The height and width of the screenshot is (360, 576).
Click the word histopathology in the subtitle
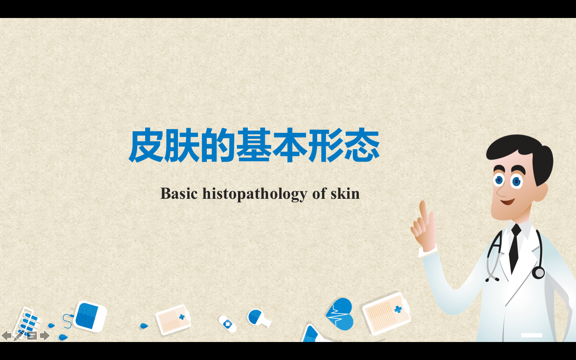click(255, 194)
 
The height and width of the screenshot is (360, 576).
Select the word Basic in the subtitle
click(179, 193)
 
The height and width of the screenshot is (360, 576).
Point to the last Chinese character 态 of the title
click(362, 145)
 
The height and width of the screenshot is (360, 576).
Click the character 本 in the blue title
click(290, 145)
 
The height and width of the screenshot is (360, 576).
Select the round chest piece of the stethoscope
click(538, 272)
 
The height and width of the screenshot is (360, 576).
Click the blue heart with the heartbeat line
click(340, 314)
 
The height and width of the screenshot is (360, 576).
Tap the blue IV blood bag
click(90, 316)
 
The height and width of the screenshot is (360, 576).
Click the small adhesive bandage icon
click(227, 324)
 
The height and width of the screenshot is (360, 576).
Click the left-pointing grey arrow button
click(6, 336)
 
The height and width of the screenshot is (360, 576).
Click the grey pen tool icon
click(19, 336)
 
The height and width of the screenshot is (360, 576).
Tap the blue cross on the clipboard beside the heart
click(398, 309)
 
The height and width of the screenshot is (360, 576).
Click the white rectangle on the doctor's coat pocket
click(532, 335)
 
